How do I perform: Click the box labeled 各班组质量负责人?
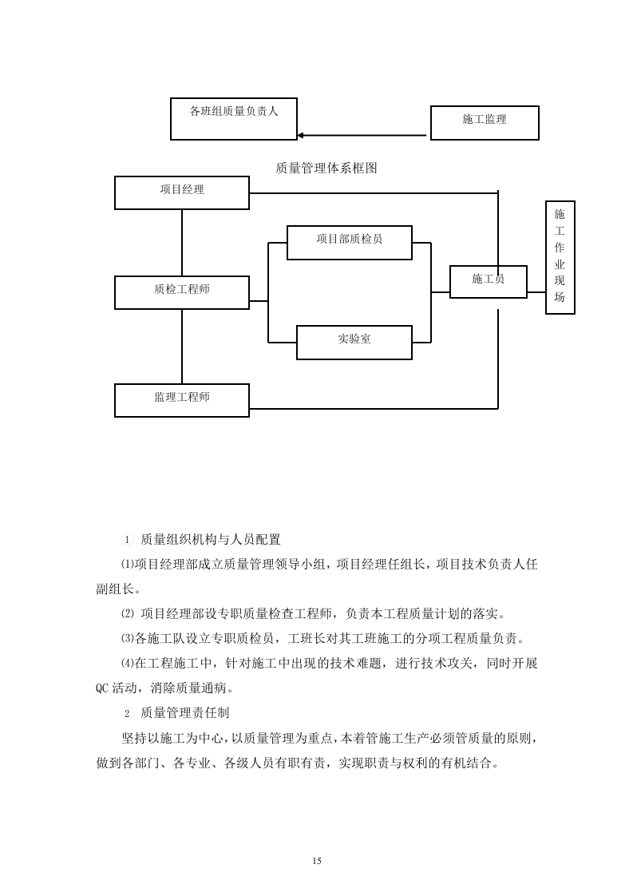(x=233, y=118)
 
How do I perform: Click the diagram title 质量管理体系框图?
(x=326, y=168)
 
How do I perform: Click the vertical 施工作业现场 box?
(x=560, y=257)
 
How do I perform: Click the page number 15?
(x=317, y=861)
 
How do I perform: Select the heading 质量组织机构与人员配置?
(x=210, y=540)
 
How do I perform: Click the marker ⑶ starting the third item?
(x=127, y=639)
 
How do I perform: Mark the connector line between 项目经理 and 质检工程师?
(x=182, y=243)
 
